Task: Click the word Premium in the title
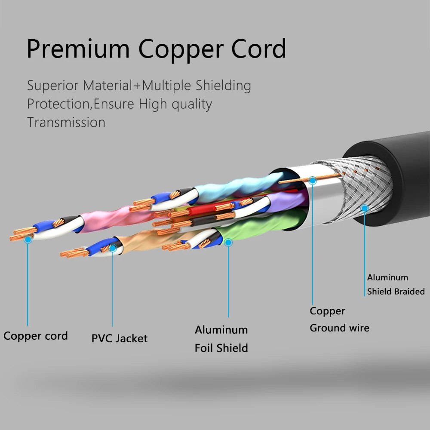pyautogui.click(x=77, y=49)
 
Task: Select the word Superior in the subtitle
pyautogui.click(x=52, y=85)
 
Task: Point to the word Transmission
pyautogui.click(x=66, y=122)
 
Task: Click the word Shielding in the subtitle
pyautogui.click(x=223, y=85)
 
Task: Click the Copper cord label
pyautogui.click(x=36, y=336)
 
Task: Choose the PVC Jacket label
pyautogui.click(x=119, y=338)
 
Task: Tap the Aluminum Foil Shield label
pyautogui.click(x=221, y=338)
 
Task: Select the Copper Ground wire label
pyautogui.click(x=339, y=319)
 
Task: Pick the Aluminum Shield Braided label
pyautogui.click(x=396, y=284)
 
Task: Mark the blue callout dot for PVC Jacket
pyautogui.click(x=113, y=248)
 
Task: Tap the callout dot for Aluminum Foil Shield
pyautogui.click(x=228, y=243)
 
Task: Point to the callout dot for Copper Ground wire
pyautogui.click(x=313, y=181)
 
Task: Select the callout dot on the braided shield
pyautogui.click(x=365, y=209)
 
